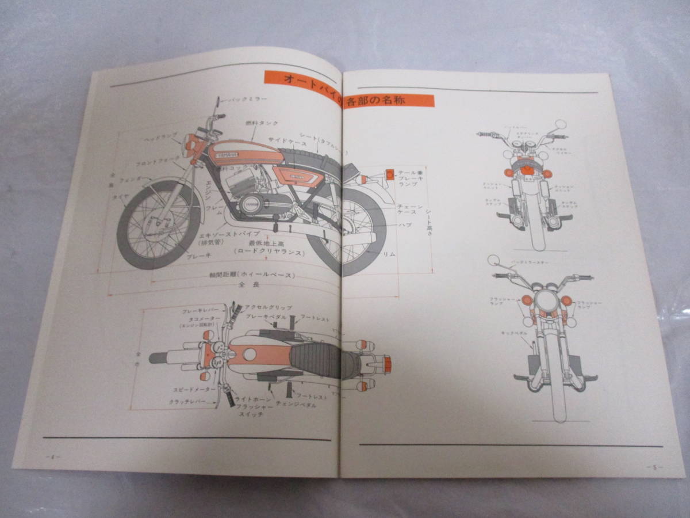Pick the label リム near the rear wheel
click(389, 254)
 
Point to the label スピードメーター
click(193, 390)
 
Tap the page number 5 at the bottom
click(653, 466)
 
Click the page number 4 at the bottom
click(52, 457)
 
